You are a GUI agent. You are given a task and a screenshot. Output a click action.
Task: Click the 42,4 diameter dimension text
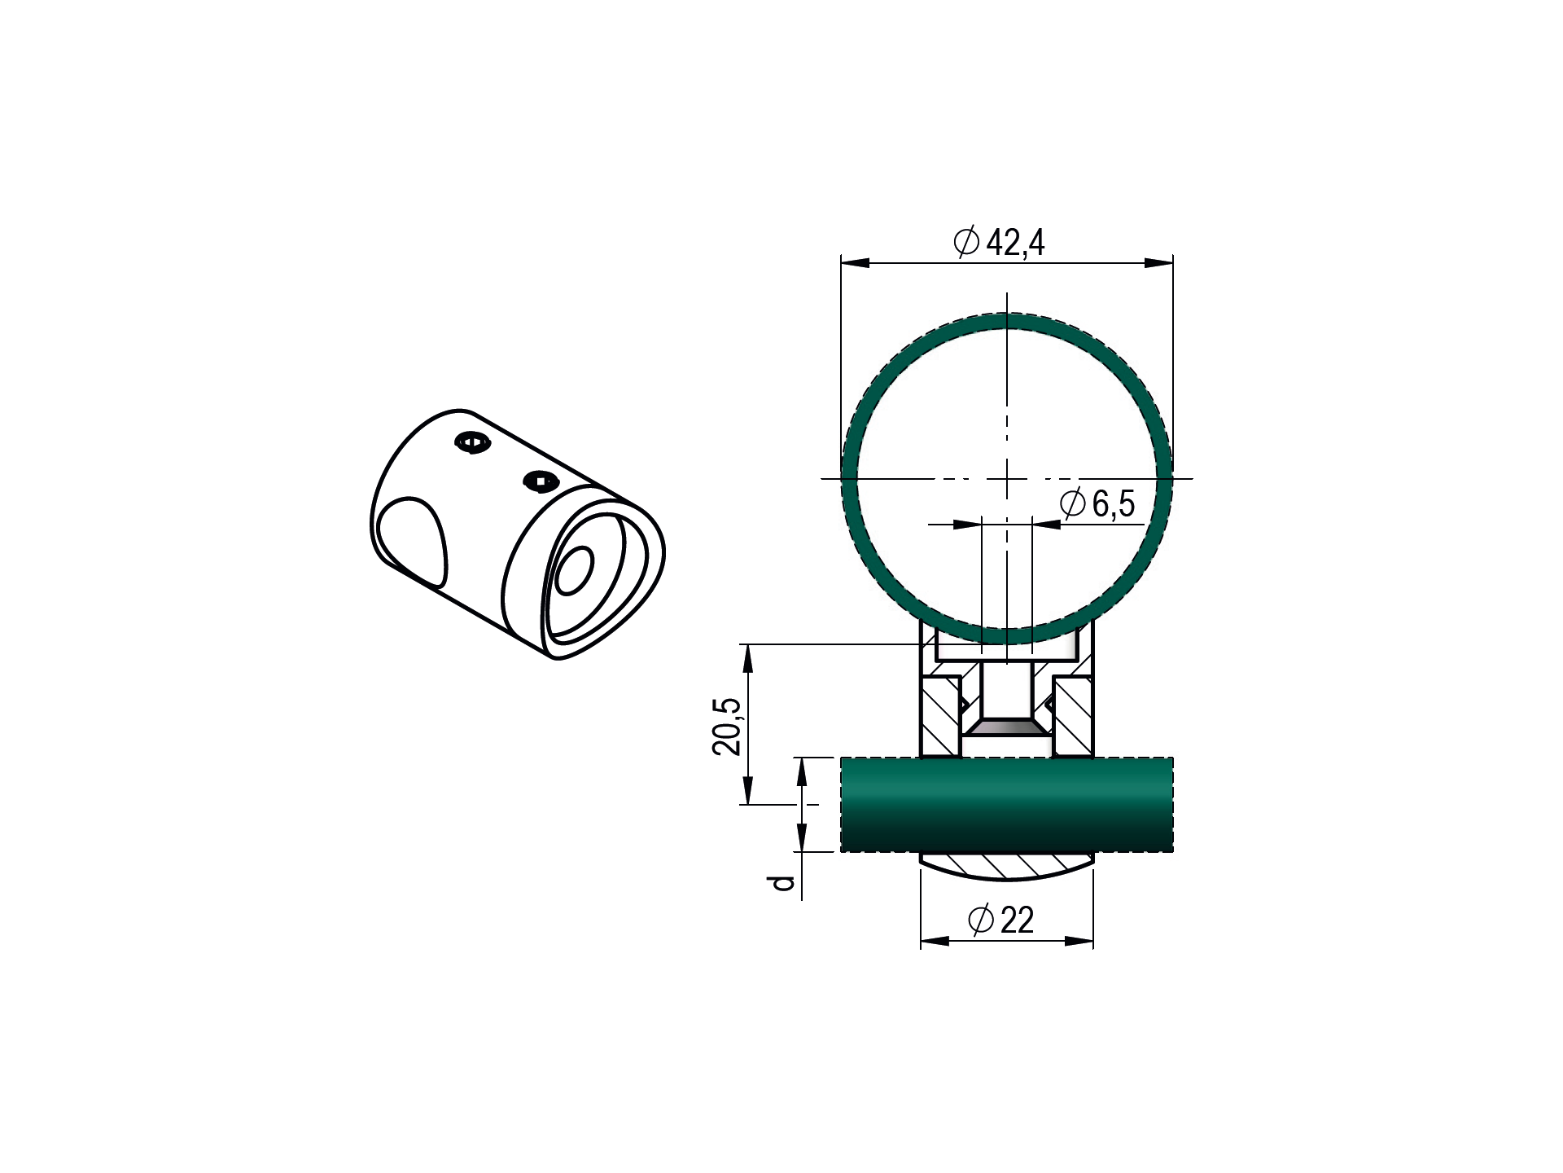coord(1014,242)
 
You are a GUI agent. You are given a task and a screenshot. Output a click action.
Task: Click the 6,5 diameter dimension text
coord(1113,503)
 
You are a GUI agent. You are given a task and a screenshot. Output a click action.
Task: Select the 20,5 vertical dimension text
coord(727,726)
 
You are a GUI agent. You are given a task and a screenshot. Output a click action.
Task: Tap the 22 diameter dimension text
coord(1017,920)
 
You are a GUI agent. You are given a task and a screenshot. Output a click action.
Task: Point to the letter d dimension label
coord(782,883)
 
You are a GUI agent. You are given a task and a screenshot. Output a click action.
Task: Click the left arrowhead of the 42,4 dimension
coord(856,262)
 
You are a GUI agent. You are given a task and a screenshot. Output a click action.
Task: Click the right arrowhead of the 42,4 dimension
coord(1158,262)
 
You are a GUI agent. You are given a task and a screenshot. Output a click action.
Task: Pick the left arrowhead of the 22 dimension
coord(935,941)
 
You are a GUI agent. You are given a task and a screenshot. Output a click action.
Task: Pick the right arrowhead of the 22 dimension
coord(1079,941)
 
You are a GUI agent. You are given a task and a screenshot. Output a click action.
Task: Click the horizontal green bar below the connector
coord(1006,805)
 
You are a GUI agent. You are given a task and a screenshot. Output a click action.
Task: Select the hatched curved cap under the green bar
coord(1007,865)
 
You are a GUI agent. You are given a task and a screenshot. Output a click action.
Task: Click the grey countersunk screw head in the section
coord(1007,726)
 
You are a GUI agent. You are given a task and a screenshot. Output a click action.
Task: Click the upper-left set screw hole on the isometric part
coord(473,442)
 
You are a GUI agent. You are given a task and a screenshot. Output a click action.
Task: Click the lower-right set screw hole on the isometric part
coord(541,481)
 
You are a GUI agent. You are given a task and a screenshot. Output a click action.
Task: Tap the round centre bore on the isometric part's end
coord(574,570)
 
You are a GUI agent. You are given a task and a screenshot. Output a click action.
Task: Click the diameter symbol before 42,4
coord(966,242)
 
